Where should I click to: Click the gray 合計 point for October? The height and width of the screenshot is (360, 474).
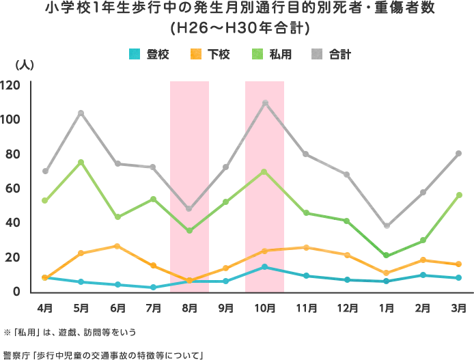[265, 103]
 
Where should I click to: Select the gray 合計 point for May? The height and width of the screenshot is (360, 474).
[81, 113]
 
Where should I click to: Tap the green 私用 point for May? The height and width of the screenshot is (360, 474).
[81, 162]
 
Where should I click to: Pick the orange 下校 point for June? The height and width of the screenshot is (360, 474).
[117, 246]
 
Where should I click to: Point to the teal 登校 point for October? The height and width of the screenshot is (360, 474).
[265, 267]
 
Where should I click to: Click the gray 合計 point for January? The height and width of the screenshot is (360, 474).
[387, 226]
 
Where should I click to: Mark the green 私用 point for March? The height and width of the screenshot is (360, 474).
[459, 195]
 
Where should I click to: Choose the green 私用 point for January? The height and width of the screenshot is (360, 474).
[387, 255]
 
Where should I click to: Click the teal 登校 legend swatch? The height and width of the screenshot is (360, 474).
[135, 53]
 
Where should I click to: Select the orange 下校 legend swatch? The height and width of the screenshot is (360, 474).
[196, 53]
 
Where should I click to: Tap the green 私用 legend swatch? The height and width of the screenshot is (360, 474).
[257, 53]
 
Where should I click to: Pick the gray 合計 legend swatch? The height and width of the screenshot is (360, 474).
[317, 53]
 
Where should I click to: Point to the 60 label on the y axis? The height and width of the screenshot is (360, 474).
[12, 189]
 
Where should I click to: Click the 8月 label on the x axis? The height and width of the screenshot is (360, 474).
[190, 308]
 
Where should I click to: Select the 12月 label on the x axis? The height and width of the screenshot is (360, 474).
[348, 308]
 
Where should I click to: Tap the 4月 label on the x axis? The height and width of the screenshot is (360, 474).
[44, 308]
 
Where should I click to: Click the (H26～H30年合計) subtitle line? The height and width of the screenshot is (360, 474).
[239, 28]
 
